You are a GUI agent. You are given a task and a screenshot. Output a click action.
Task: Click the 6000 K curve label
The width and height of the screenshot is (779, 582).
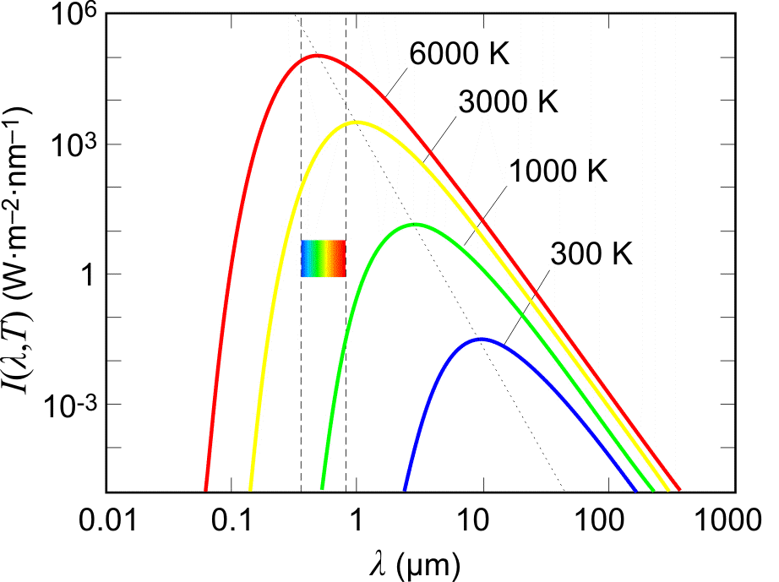pos(461,54)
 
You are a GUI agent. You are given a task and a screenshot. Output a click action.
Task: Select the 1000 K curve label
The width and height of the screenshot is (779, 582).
pos(558,170)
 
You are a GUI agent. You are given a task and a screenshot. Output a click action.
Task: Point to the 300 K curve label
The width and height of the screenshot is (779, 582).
pos(591,253)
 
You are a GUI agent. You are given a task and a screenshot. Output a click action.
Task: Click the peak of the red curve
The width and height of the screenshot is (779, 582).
pos(316,56)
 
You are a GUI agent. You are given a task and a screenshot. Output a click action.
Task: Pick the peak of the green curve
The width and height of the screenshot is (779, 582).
pos(415,224)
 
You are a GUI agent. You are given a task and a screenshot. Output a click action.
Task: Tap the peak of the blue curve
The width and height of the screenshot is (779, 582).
pos(482,339)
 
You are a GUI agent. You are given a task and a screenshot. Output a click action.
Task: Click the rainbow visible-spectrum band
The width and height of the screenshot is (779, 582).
pos(324,258)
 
